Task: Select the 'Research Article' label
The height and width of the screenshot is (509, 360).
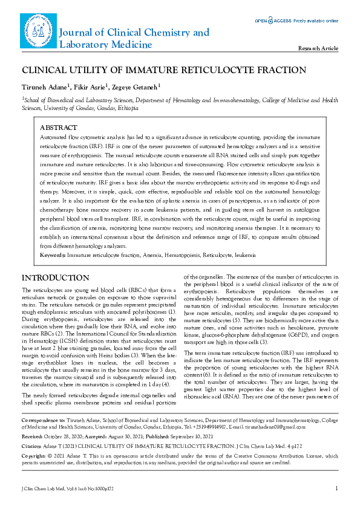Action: tap(318, 48)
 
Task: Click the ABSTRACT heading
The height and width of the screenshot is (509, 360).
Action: tap(58, 128)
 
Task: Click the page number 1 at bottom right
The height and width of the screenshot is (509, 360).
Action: tap(336, 488)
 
